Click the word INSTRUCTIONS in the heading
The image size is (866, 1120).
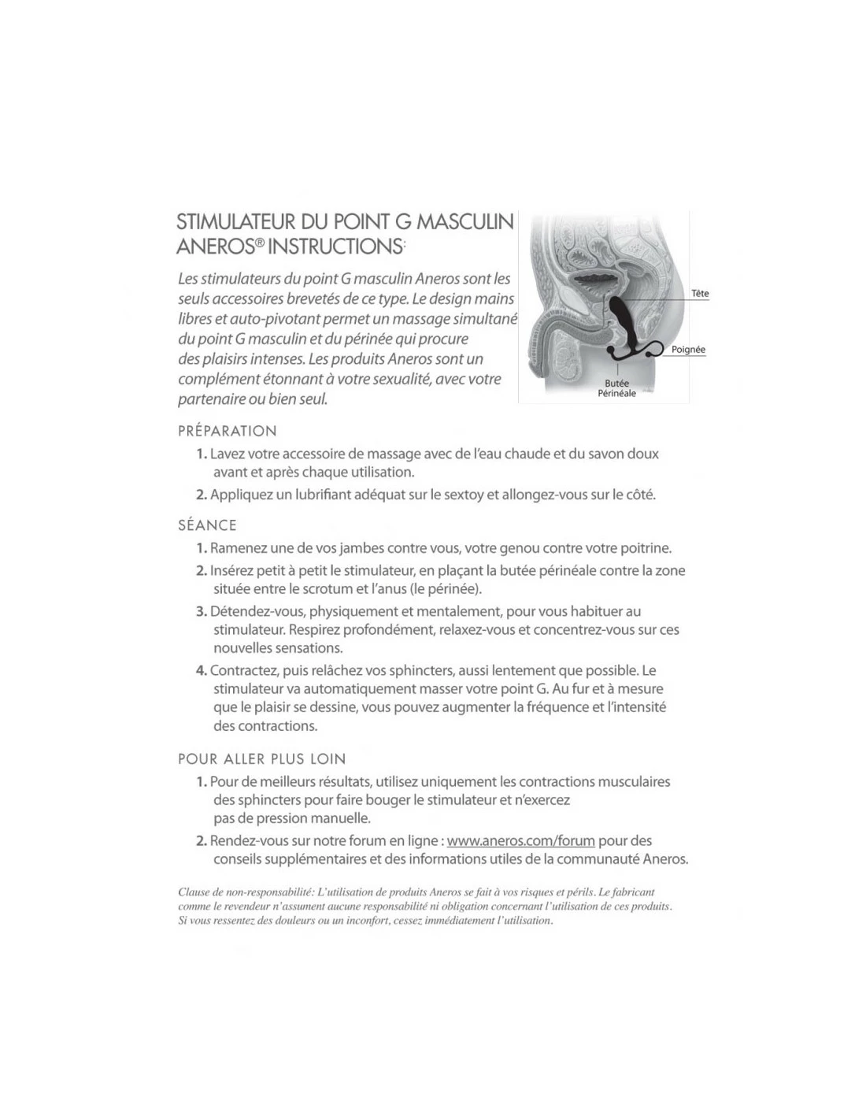click(x=335, y=246)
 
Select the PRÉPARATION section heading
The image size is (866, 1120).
click(x=228, y=431)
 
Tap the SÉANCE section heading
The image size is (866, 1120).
click(x=207, y=525)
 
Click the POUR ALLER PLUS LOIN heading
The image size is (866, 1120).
click(x=262, y=759)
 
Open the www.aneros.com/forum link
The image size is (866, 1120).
click(x=520, y=840)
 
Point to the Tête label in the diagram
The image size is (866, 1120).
click(x=700, y=294)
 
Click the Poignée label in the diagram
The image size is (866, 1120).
click(x=688, y=350)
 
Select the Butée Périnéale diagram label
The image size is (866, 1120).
click(x=616, y=388)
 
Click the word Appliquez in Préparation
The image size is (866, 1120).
click(x=240, y=495)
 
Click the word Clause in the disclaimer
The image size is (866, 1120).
click(x=194, y=892)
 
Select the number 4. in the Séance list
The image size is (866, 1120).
click(x=202, y=670)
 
